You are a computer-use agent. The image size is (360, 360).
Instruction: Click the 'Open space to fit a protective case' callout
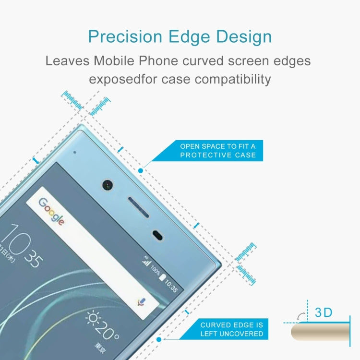click(218, 150)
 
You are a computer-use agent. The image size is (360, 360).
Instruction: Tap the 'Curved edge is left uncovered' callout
click(232, 329)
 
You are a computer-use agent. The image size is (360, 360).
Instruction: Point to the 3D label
click(324, 312)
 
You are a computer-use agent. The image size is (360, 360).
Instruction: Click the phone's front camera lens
click(107, 184)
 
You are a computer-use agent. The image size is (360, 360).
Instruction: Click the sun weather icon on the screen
click(93, 320)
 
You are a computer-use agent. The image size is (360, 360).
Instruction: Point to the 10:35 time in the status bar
click(171, 287)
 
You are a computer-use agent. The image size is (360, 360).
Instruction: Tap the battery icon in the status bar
click(162, 278)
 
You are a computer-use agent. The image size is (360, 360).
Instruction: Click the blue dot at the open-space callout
click(141, 170)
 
